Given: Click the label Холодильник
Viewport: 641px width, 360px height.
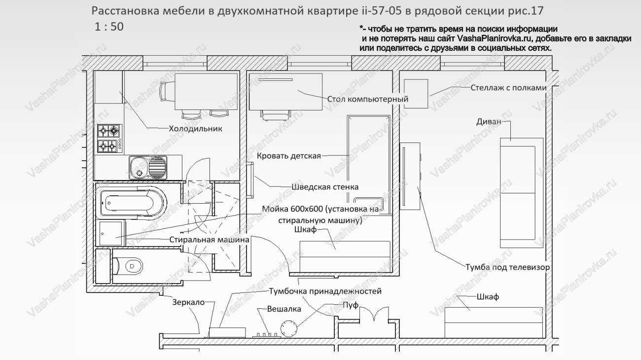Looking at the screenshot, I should pyautogui.click(x=195, y=129).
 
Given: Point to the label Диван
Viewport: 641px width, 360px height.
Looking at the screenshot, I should pyautogui.click(x=489, y=122).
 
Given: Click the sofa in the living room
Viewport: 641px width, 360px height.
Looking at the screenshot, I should pyautogui.click(x=521, y=192).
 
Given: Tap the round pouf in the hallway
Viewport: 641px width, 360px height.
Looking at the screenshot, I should pyautogui.click(x=288, y=328).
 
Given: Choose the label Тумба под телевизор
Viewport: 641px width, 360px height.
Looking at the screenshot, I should pyautogui.click(x=507, y=267).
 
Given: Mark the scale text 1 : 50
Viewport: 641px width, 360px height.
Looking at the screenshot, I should pyautogui.click(x=109, y=27).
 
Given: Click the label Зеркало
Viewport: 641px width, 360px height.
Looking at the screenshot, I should pyautogui.click(x=188, y=302).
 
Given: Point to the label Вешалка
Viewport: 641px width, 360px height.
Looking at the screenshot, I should pyautogui.click(x=284, y=309).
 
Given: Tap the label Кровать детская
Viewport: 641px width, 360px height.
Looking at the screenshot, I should pyautogui.click(x=289, y=156).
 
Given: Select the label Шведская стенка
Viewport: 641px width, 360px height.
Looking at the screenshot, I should pyautogui.click(x=324, y=187).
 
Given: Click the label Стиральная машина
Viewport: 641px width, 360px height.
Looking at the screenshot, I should pyautogui.click(x=209, y=240).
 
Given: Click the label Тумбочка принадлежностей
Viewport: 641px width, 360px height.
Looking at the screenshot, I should pyautogui.click(x=325, y=291).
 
